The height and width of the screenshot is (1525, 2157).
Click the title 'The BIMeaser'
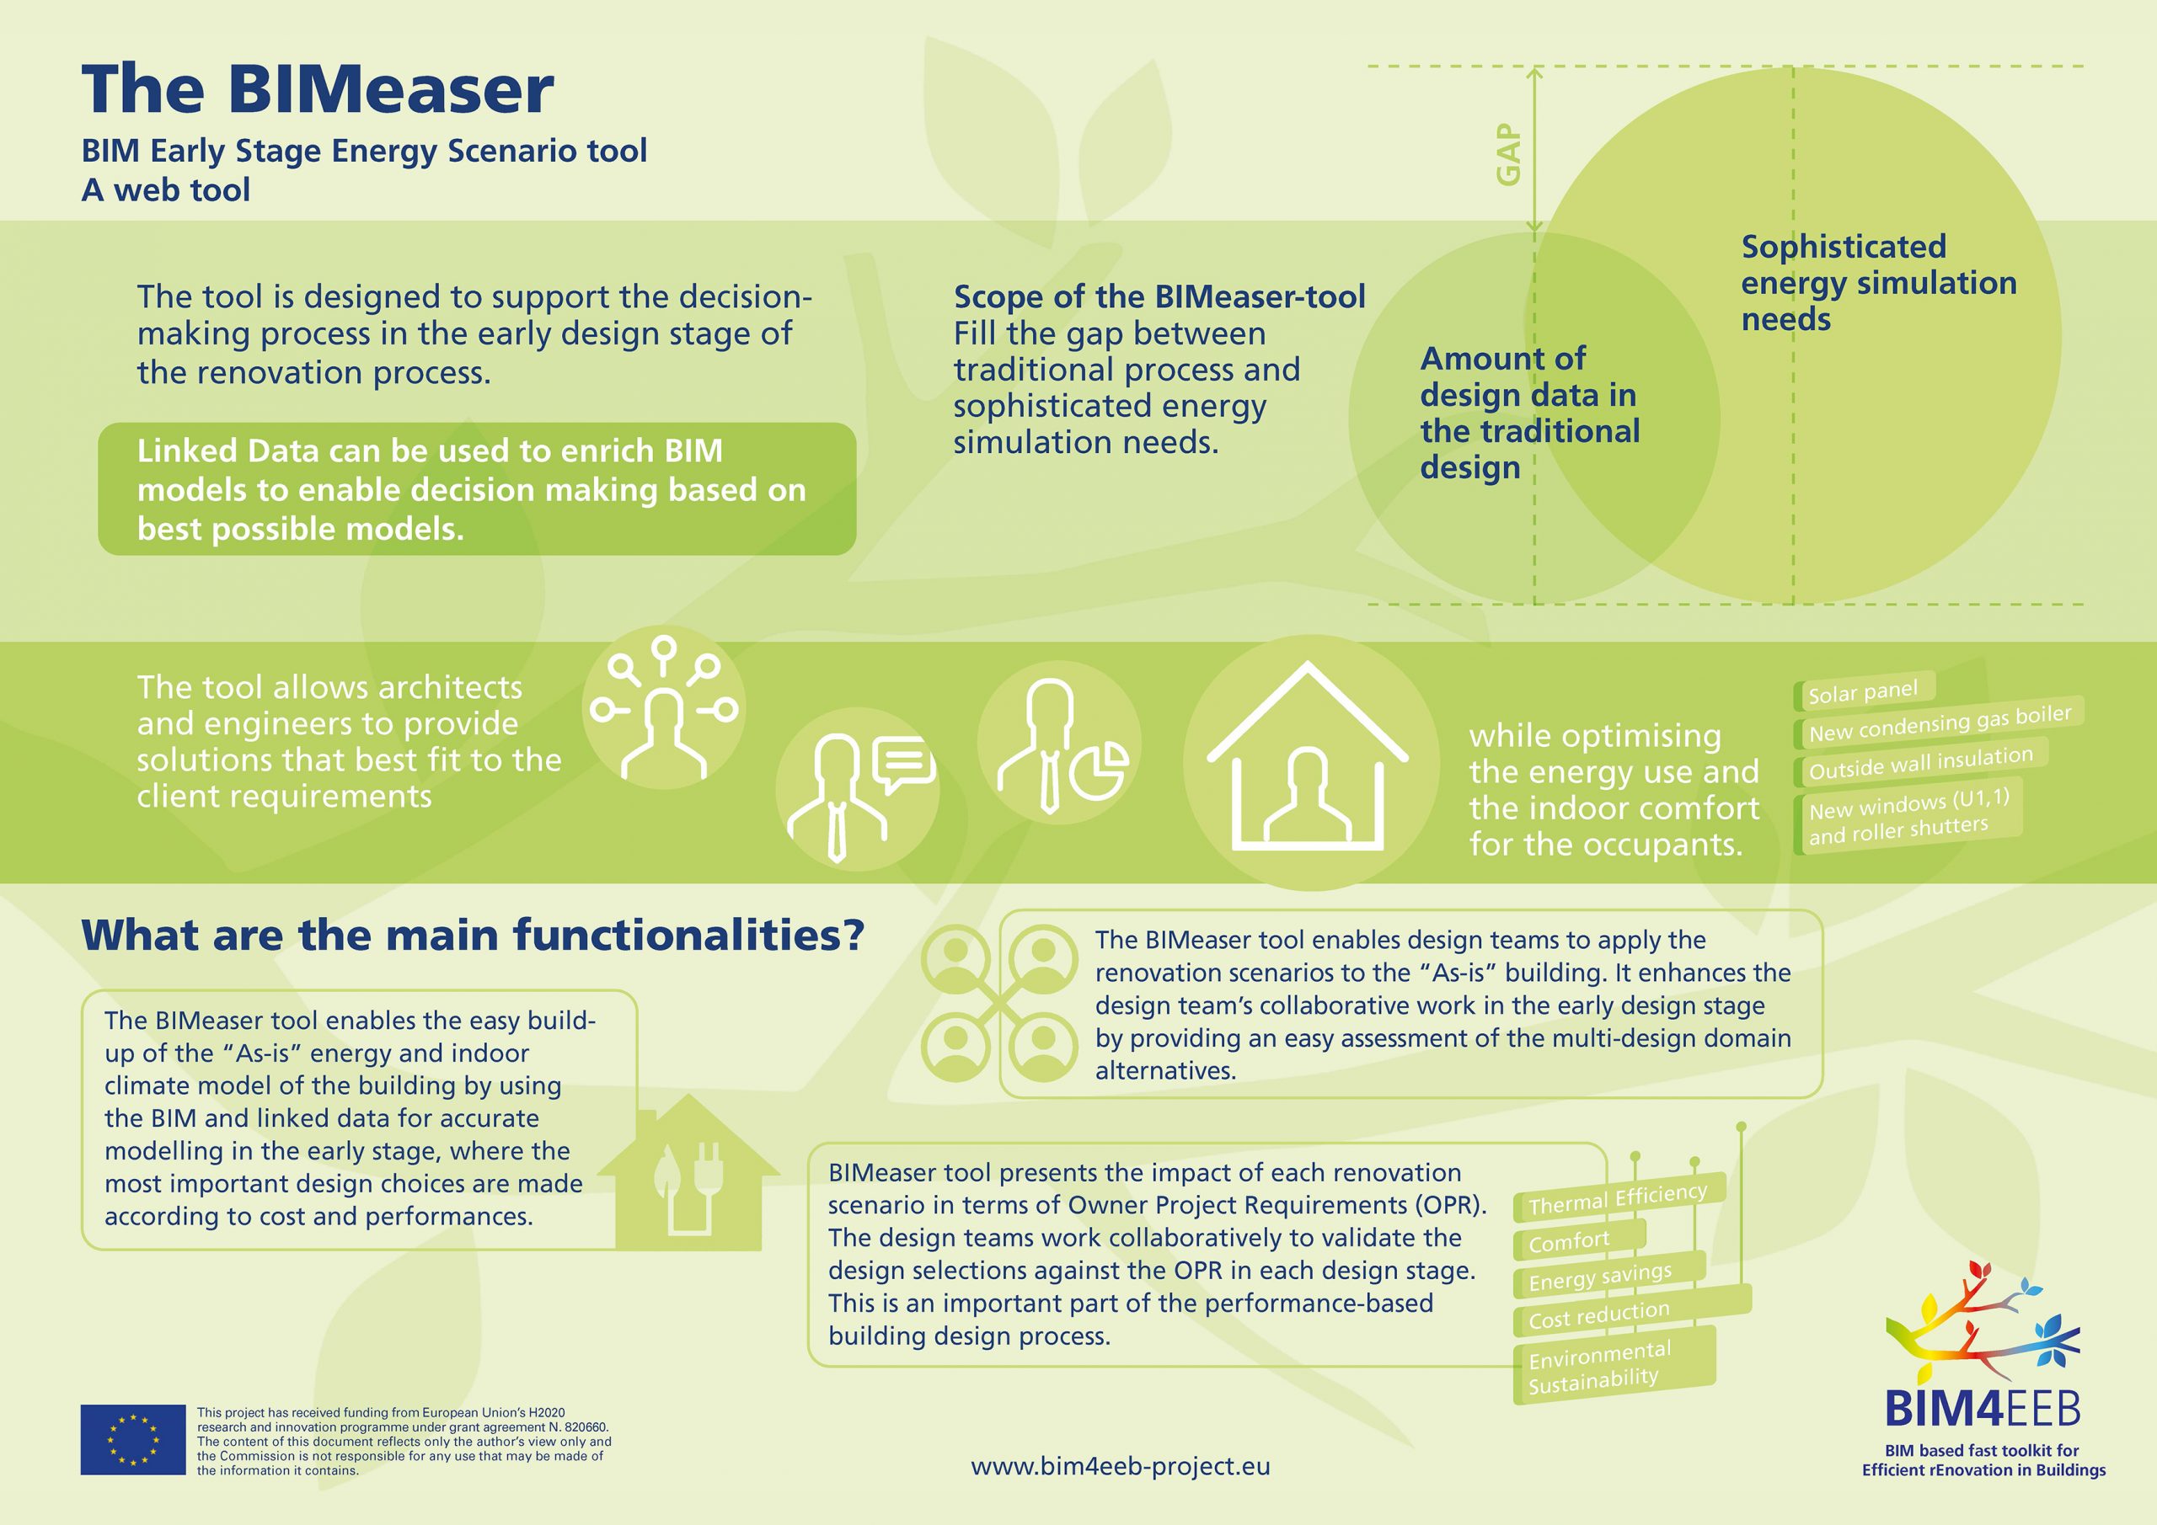[318, 90]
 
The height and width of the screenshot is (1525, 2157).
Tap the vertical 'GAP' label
[1508, 155]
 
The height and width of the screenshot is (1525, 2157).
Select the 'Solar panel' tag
[1865, 691]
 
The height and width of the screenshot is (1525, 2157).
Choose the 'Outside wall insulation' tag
[1921, 763]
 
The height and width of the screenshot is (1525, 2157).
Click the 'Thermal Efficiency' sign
[1619, 1198]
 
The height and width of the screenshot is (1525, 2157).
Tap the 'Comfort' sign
[1580, 1240]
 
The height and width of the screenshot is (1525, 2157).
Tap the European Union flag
[132, 1440]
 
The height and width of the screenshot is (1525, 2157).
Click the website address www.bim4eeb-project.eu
[1120, 1466]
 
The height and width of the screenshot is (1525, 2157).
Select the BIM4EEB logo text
[1983, 1410]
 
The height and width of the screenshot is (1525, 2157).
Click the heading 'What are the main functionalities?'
[473, 936]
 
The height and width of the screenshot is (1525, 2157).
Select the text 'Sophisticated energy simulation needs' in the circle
[1878, 283]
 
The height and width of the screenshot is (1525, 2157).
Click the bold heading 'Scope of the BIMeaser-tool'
[1159, 296]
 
